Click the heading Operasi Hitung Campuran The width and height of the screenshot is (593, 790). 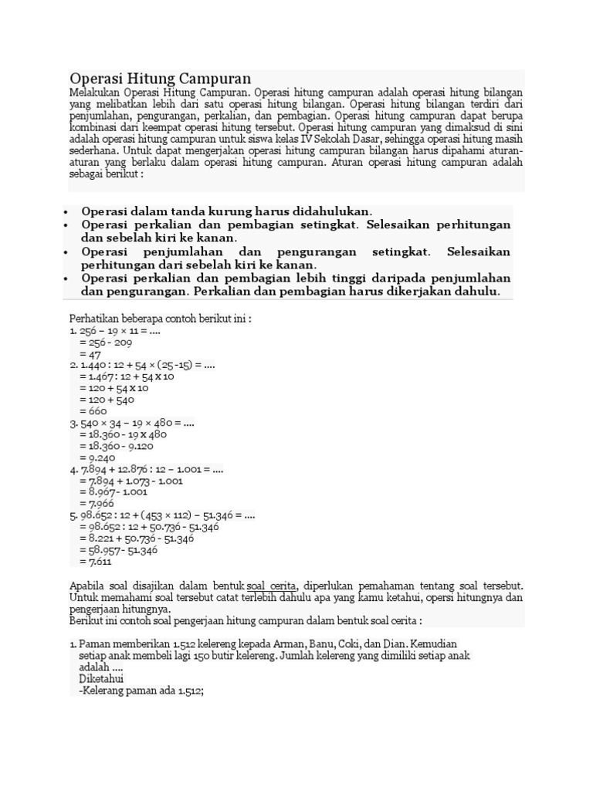coord(161,79)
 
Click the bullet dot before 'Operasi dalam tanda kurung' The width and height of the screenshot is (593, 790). coord(67,211)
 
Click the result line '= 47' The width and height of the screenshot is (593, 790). coord(90,354)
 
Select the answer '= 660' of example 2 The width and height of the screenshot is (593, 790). coord(93,411)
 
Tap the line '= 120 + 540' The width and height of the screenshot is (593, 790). coord(107,400)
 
